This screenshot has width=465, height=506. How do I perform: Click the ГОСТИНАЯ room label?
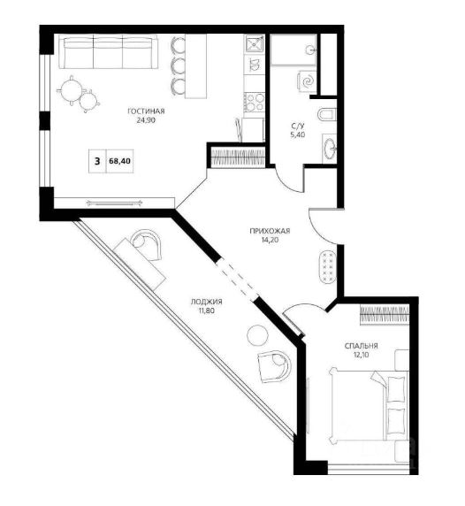[146, 111]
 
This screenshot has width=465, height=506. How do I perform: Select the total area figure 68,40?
[120, 161]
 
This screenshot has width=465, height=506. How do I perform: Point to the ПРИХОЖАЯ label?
[270, 231]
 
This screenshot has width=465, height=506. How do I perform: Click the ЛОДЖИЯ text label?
[207, 302]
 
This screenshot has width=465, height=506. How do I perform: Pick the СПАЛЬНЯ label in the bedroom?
[362, 346]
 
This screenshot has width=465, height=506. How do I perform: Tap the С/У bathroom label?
[298, 126]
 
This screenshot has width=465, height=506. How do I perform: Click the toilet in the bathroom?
[327, 115]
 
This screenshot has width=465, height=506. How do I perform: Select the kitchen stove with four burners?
[255, 102]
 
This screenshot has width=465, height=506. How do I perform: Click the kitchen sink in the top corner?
[255, 44]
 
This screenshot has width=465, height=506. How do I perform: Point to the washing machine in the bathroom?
[307, 81]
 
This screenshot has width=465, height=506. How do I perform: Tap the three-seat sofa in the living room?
[109, 52]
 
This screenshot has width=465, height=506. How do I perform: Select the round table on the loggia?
[257, 335]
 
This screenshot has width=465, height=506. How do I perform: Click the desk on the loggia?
[140, 264]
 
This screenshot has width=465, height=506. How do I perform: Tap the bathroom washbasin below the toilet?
[329, 149]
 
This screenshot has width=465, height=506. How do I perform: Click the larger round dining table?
[71, 90]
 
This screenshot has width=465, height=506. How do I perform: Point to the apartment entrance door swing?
[322, 226]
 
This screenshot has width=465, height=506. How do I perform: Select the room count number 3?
[97, 161]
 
